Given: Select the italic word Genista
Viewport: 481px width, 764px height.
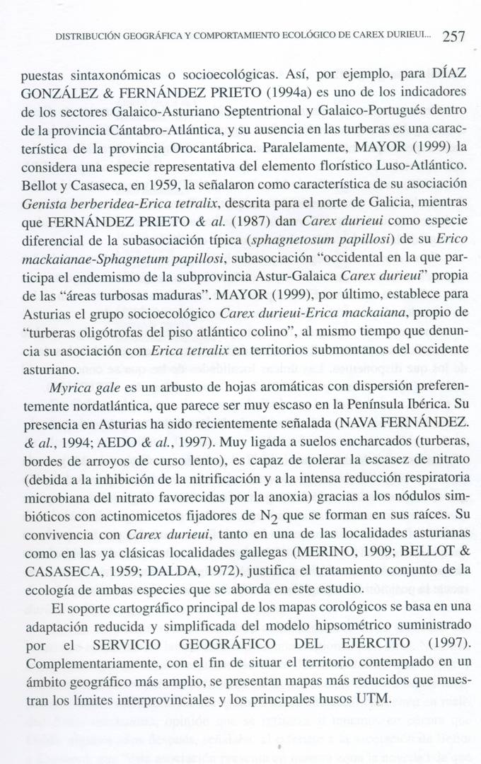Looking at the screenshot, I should tap(43, 204).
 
